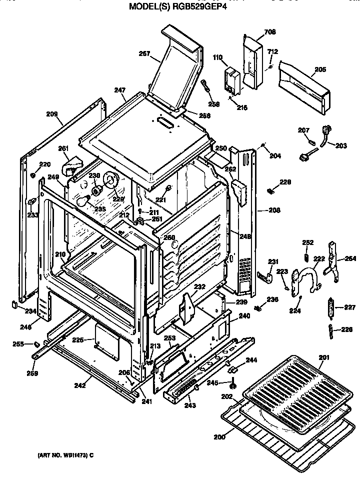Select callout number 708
[270, 32]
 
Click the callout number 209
[51, 114]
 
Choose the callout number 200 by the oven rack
[219, 436]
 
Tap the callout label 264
[350, 258]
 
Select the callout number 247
[119, 90]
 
